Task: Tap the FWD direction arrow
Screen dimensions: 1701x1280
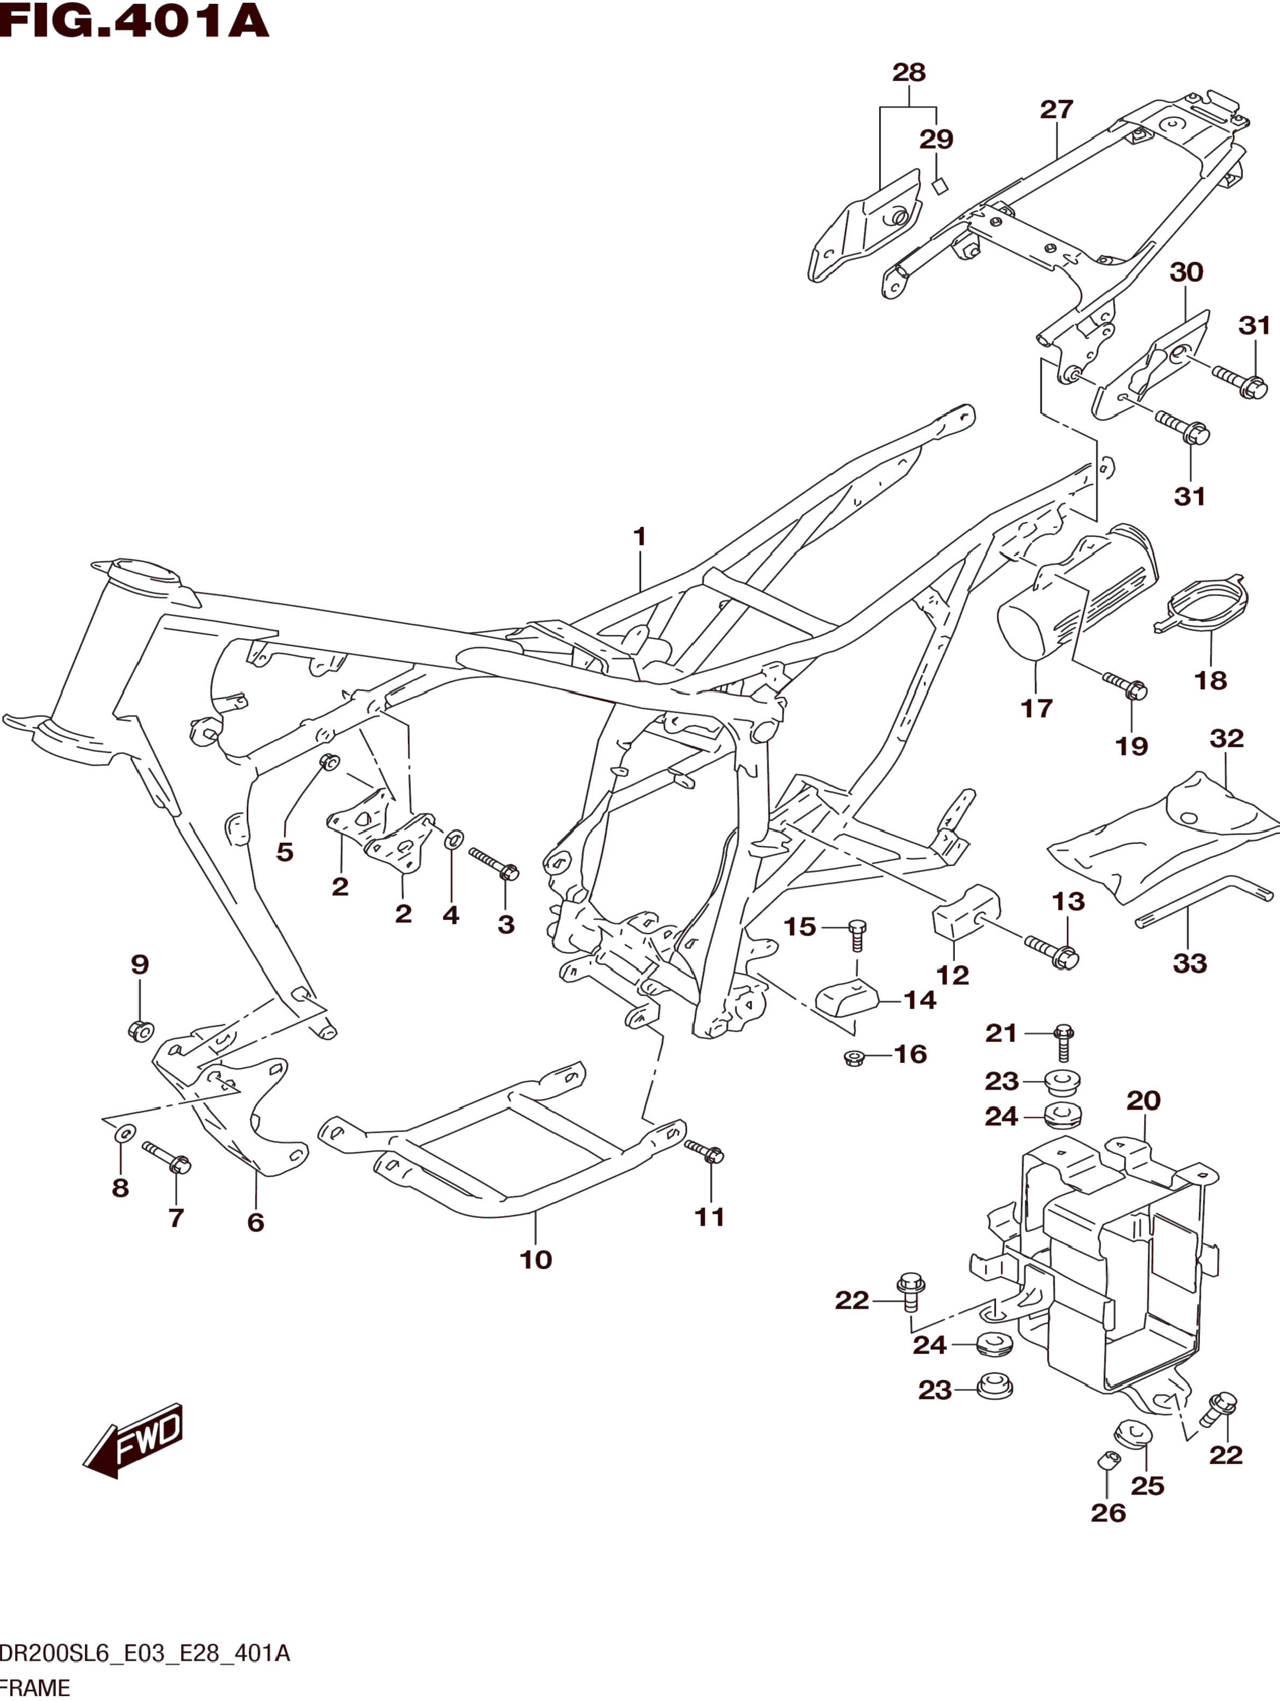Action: pyautogui.click(x=135, y=1439)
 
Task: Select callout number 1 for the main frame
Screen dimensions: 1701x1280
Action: pyautogui.click(x=639, y=537)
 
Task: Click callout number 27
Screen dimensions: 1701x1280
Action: pyautogui.click(x=1056, y=110)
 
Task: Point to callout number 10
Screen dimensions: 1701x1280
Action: pyautogui.click(x=536, y=1260)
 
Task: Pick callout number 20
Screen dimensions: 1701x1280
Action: pyautogui.click(x=1143, y=1101)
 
